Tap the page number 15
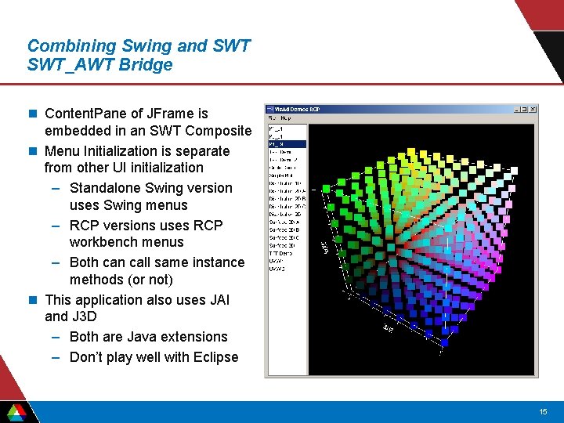pyautogui.click(x=543, y=412)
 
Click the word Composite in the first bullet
pyautogui.click(x=219, y=131)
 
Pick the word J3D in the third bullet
pyautogui.click(x=85, y=316)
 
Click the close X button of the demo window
pyautogui.click(x=533, y=109)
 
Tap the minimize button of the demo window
pyautogui.click(x=516, y=109)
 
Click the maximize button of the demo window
pyautogui.click(x=524, y=109)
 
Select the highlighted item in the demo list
pyautogui.click(x=287, y=143)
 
